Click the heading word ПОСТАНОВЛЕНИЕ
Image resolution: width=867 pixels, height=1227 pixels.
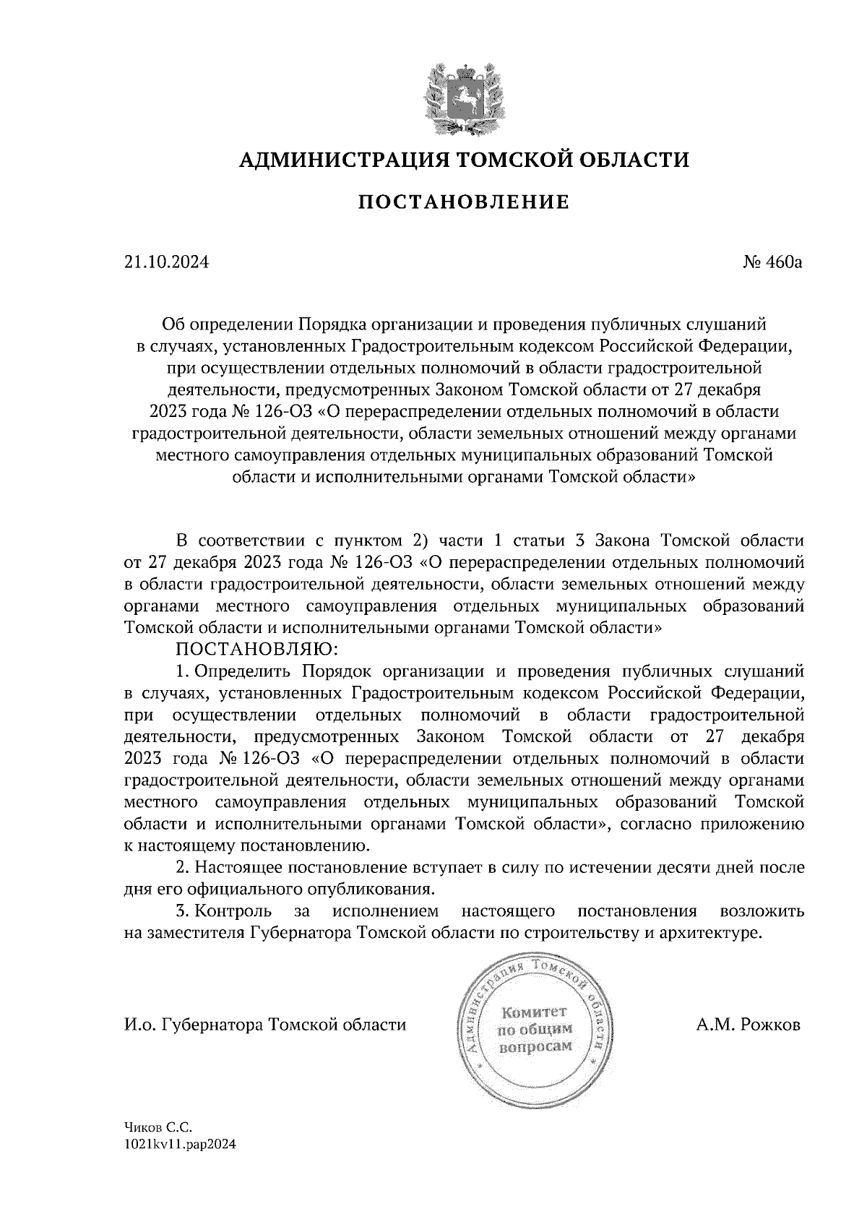coord(464,202)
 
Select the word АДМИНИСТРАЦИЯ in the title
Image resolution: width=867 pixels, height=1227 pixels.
coord(336,159)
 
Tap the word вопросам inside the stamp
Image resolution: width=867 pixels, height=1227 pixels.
coord(535,1046)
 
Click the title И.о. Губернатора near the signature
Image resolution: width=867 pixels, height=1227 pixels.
coord(193,1025)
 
